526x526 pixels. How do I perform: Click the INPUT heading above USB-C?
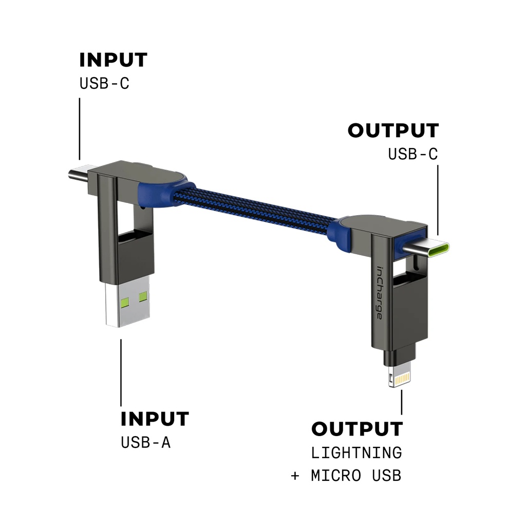[113, 60]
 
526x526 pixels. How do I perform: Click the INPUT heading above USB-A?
[155, 419]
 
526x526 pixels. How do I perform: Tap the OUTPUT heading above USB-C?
[393, 130]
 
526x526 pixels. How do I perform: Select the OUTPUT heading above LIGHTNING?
[357, 429]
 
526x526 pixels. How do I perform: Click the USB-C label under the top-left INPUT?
[104, 83]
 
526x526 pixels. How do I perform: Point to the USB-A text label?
[145, 442]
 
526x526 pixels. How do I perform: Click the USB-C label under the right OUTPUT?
[413, 154]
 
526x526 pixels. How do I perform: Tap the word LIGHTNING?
[356, 453]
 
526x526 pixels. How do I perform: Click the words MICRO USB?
[356, 476]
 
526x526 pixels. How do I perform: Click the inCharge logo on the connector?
[379, 293]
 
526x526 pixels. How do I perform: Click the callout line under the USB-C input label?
[80, 128]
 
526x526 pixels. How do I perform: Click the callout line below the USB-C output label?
[438, 200]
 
